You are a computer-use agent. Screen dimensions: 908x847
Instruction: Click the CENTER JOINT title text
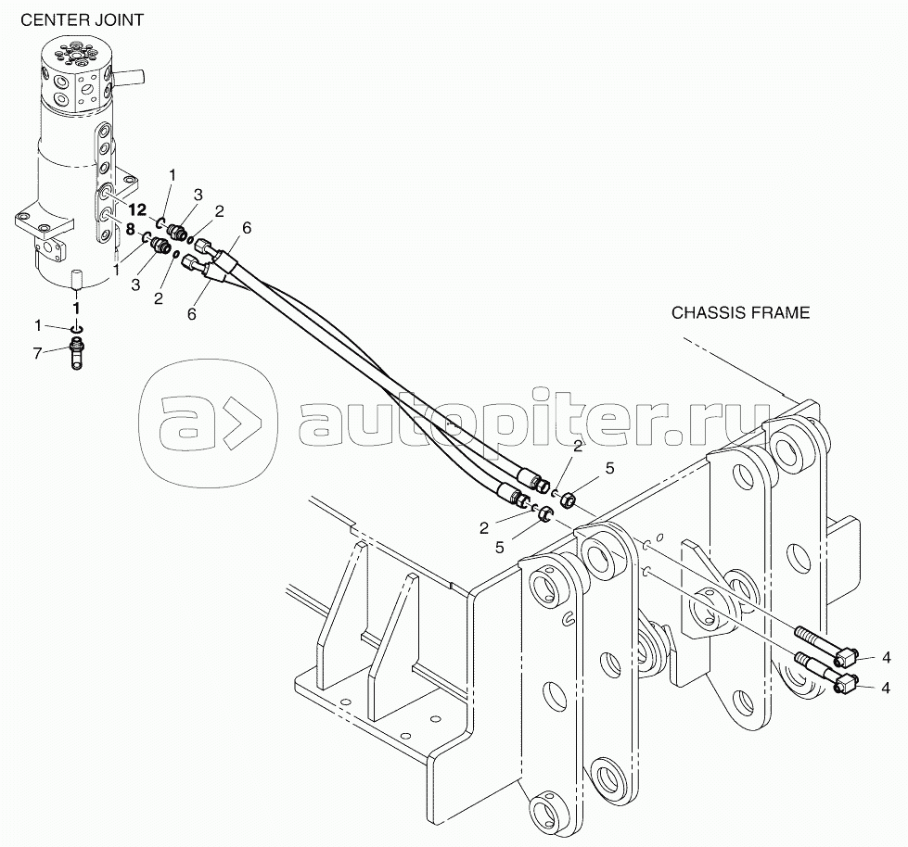[82, 20]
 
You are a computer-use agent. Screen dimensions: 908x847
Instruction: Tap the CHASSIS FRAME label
[740, 313]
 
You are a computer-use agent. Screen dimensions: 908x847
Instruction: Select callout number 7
[38, 352]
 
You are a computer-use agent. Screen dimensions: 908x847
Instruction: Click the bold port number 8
[130, 229]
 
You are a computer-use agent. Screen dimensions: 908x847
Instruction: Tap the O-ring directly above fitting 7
[77, 329]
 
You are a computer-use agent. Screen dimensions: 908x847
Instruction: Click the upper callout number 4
[886, 657]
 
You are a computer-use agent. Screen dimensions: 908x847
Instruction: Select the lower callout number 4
[886, 688]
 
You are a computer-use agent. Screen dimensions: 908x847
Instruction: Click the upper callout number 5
[609, 468]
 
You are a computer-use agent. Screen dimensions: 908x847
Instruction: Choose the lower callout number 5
[500, 548]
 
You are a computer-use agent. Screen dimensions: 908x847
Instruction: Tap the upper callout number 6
[248, 229]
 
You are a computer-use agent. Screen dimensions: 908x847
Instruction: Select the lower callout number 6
[192, 313]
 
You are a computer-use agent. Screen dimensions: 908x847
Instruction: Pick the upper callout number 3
[198, 195]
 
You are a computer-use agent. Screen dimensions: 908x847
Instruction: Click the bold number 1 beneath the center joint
[76, 309]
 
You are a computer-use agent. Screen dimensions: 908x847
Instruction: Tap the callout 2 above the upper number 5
[577, 446]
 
